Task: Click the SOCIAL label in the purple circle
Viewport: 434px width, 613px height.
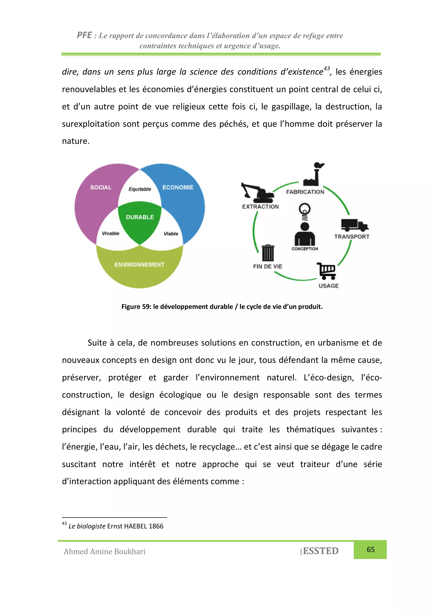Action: [101, 187]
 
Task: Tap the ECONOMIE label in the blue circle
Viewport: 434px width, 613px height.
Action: [178, 187]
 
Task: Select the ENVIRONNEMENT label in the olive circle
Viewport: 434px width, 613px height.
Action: [139, 264]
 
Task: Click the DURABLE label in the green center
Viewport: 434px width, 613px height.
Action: [140, 217]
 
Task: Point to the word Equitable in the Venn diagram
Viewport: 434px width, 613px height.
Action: [140, 189]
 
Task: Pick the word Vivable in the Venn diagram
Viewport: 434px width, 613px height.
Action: [111, 233]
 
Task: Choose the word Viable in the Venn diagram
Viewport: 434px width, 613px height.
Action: [171, 234]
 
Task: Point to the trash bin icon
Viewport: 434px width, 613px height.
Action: [268, 253]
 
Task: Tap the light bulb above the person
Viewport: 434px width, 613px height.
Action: [305, 209]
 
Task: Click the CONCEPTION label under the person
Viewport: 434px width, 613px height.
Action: [305, 249]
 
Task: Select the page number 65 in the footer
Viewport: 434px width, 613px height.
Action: [371, 550]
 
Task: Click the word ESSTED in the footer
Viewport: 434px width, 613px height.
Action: [321, 551]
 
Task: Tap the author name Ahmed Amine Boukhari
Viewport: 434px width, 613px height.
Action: [104, 552]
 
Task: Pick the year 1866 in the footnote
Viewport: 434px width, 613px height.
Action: [156, 526]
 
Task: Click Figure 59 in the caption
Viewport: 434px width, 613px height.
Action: [136, 306]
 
